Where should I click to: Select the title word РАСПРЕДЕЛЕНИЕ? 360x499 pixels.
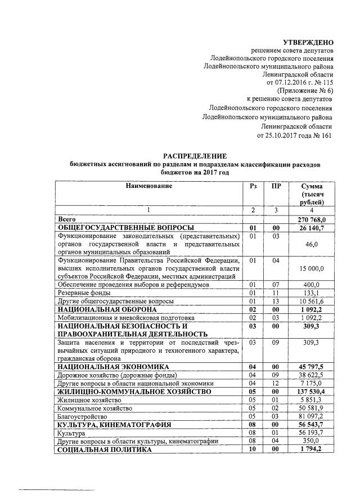(x=195, y=155)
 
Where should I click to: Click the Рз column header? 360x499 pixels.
(x=253, y=186)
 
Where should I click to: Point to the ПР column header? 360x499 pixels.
(x=276, y=186)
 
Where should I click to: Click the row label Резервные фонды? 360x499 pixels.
(x=83, y=293)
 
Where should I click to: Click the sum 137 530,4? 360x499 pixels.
(x=311, y=391)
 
